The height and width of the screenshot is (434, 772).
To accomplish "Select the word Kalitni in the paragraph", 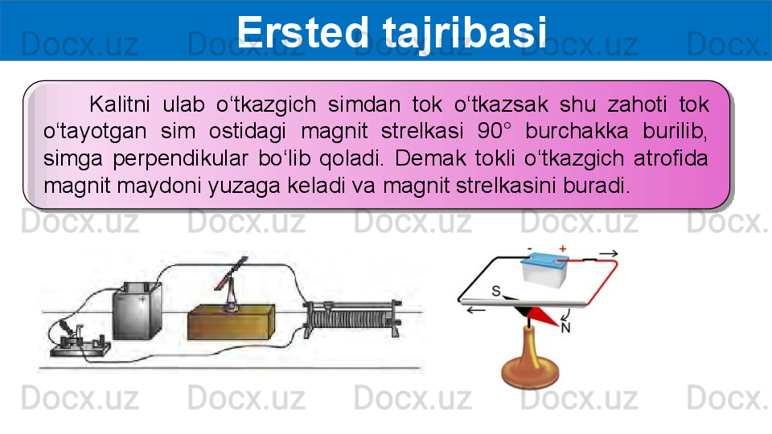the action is (x=120, y=104).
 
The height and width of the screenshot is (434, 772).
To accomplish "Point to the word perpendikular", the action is (x=180, y=159).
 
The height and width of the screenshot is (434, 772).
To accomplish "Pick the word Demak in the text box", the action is (x=429, y=158).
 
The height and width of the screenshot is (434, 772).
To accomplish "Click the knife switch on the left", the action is (x=79, y=339).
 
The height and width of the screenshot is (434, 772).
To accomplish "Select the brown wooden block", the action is (x=231, y=321).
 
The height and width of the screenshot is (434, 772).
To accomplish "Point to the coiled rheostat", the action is (x=352, y=318).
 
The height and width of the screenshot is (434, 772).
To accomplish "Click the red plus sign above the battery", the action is (x=563, y=249).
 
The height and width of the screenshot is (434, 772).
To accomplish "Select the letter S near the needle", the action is (x=496, y=291).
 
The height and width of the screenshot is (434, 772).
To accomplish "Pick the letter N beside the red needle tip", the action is (x=565, y=328).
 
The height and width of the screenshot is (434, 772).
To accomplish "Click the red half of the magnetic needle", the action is (x=544, y=317).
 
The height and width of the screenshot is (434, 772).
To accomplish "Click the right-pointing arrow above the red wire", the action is (x=609, y=253).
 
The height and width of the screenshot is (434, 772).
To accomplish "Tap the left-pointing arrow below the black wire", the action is (x=476, y=310).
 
